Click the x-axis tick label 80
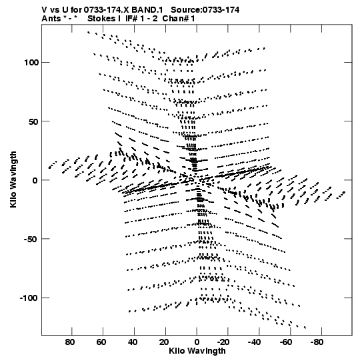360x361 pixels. [70, 342]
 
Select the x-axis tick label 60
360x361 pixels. [101, 342]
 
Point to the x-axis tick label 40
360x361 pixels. [133, 342]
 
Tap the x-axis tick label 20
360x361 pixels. [163, 342]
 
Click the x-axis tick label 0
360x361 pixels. [197, 342]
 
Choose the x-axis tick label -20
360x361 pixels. [223, 342]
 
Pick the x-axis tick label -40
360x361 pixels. [255, 342]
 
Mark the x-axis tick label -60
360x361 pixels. [286, 342]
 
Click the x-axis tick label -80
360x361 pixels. [317, 342]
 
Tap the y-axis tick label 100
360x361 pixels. [31, 63]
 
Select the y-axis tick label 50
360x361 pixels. [33, 121]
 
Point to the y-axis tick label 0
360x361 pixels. [35, 180]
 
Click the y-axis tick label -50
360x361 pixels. [31, 239]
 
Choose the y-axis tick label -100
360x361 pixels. [29, 298]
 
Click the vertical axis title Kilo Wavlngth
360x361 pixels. [13, 179]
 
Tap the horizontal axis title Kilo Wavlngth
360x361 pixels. [197, 351]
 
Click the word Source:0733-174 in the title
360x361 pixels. [205, 10]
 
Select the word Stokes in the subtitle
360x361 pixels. [101, 19]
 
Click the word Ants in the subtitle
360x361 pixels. [51, 19]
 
